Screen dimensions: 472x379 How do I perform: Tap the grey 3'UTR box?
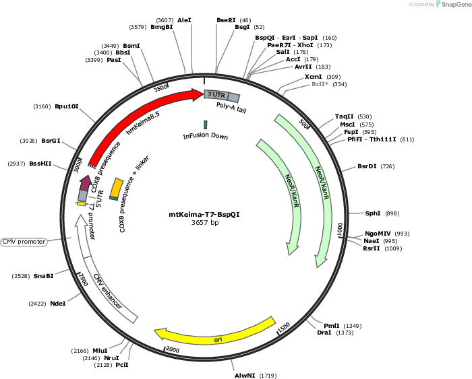[x=216, y=95]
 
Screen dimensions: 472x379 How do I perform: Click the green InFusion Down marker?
[x=205, y=125]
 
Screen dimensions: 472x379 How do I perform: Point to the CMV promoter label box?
[x=24, y=242]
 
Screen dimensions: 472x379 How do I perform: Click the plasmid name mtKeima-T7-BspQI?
[x=204, y=215]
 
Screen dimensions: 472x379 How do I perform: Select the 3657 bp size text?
[x=205, y=223]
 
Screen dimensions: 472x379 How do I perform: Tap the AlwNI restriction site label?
[x=245, y=376]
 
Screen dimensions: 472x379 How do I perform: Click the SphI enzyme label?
[x=373, y=213]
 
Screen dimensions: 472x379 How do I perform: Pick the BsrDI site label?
[x=367, y=166]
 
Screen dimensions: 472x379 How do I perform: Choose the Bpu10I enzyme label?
[x=67, y=106]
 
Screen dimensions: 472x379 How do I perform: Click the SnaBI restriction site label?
[x=44, y=276]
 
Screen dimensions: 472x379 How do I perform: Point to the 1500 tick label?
[x=284, y=327]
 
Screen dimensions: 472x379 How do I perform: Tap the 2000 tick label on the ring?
[x=173, y=349]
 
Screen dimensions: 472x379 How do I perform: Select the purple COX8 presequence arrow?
[x=86, y=182]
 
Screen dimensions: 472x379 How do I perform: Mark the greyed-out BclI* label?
[x=320, y=84]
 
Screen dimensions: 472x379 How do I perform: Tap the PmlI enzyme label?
[x=332, y=326]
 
